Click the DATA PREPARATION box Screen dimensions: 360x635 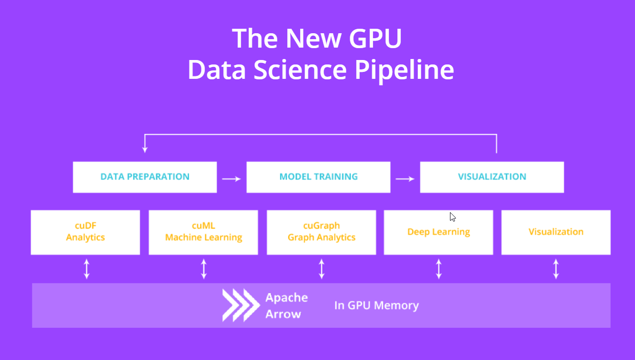point(145,177)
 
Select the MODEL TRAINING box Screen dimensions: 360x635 point(318,177)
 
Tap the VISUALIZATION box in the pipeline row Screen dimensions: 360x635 point(492,177)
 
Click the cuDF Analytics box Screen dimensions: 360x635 point(85,232)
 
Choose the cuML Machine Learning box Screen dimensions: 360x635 point(203,232)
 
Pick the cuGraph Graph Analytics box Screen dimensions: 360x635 point(321,232)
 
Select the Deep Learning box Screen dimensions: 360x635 point(439,232)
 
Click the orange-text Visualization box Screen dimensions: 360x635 point(556,232)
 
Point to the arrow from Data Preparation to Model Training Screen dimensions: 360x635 point(231,179)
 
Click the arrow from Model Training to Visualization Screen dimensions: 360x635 point(405,179)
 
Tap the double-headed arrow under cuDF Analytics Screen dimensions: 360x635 point(86,268)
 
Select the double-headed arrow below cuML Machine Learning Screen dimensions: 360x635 point(203,268)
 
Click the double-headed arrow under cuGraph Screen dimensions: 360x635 point(321,268)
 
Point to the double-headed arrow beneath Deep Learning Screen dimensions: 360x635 point(439,268)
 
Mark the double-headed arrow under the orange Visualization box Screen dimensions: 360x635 point(556,268)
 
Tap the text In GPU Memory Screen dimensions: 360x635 point(377,305)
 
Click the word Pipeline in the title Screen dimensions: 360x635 point(404,70)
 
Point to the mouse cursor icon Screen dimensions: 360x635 point(452,217)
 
